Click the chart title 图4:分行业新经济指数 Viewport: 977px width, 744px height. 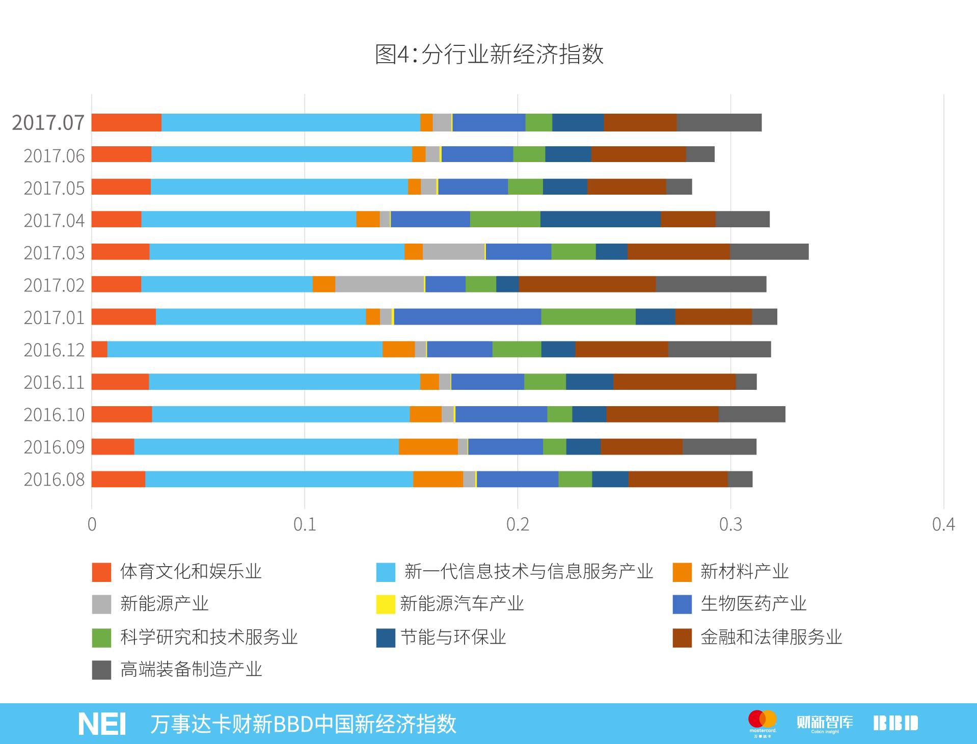489,54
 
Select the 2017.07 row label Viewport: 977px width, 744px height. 48,123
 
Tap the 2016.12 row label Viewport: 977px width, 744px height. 54,350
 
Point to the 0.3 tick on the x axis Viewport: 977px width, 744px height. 730,524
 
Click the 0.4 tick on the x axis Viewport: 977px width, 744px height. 943,524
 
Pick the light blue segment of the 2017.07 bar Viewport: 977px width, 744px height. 290,123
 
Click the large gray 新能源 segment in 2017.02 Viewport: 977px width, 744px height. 379,284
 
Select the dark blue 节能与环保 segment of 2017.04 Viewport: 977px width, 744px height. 600,219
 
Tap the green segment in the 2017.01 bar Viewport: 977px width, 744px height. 588,316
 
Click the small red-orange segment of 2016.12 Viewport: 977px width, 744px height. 99,349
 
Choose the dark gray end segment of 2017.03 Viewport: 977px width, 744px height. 769,252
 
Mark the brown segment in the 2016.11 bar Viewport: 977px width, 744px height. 674,382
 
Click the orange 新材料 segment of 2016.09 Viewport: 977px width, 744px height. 428,446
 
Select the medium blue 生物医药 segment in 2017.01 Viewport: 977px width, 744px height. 467,316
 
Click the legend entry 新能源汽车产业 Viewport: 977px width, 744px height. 461,604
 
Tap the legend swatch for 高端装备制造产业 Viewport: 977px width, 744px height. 101,670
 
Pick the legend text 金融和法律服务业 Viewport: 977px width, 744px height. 771,637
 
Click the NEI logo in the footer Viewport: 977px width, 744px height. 102,724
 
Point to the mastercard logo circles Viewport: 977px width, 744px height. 762,720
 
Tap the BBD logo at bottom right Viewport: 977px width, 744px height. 895,723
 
